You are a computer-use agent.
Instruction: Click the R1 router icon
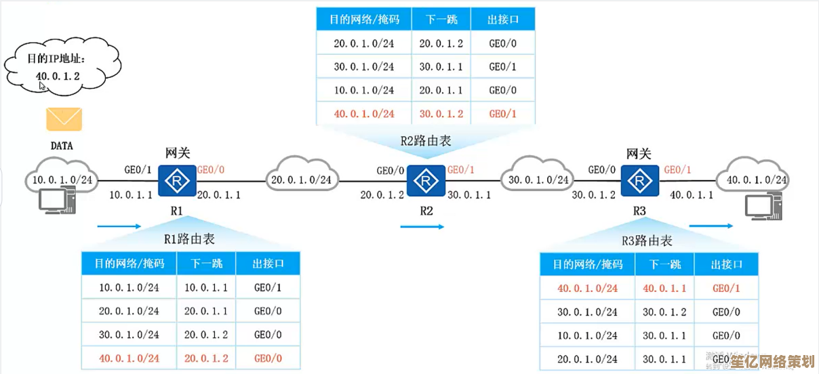(x=177, y=180)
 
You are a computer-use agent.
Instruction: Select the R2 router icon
(x=426, y=181)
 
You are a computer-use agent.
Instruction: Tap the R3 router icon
(x=639, y=180)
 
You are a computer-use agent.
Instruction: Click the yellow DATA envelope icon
(x=64, y=119)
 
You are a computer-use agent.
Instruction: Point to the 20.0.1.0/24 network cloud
(x=302, y=180)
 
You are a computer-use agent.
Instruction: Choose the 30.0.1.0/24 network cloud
(x=538, y=180)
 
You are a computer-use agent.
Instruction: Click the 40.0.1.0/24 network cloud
(x=757, y=180)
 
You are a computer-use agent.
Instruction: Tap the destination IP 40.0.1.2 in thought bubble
(x=58, y=76)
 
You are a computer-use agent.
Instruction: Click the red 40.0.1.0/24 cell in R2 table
(x=363, y=113)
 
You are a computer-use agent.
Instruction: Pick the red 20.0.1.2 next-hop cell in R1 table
(x=206, y=358)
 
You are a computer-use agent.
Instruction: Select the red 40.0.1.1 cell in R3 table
(x=664, y=288)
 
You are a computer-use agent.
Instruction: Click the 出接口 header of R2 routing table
(x=503, y=20)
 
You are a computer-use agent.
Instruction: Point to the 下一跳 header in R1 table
(x=206, y=263)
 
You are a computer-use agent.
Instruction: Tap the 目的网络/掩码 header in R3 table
(x=587, y=264)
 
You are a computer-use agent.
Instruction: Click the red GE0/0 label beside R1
(x=211, y=170)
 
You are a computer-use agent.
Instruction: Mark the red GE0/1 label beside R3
(x=677, y=170)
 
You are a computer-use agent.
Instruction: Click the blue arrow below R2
(x=422, y=227)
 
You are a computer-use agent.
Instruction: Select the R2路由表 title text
(x=426, y=142)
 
